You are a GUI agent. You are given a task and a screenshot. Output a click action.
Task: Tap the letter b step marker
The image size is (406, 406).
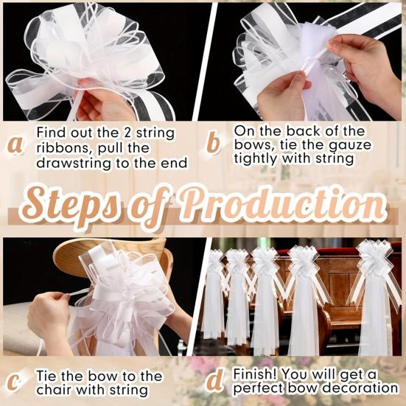[214, 143]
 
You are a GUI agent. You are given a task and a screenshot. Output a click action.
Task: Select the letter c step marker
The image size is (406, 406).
[15, 382]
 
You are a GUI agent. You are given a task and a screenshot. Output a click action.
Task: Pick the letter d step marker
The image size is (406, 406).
[214, 381]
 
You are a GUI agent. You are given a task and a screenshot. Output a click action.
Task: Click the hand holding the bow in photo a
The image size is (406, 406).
[96, 99]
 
